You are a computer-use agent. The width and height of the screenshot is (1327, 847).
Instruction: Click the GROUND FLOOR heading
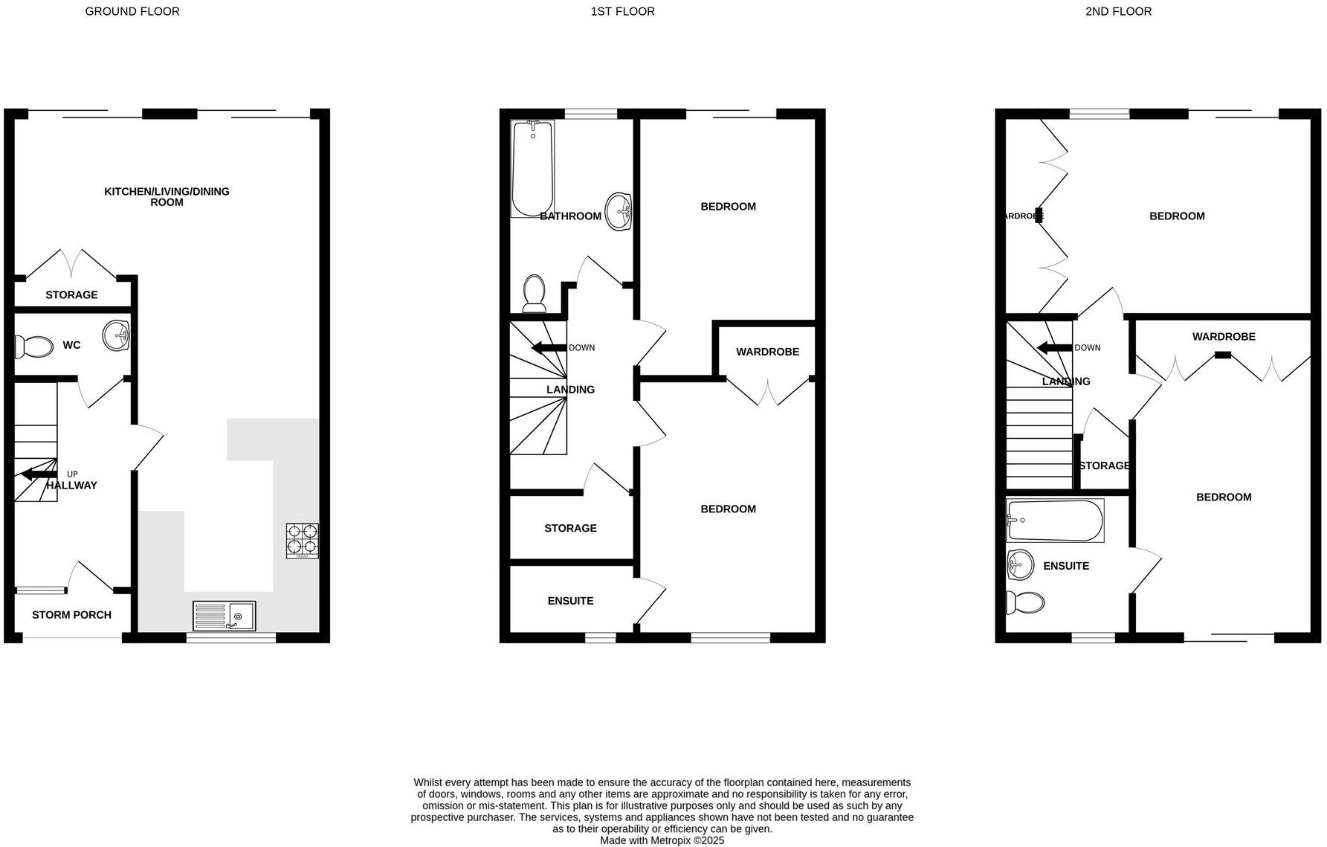(x=132, y=11)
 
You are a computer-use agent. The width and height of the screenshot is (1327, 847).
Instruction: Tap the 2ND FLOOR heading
(x=1118, y=11)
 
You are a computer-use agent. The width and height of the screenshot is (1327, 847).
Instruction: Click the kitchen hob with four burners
(x=303, y=541)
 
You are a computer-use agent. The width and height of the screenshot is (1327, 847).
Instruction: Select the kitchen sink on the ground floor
(x=224, y=616)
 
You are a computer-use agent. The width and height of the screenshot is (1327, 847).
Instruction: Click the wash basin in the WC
(x=116, y=335)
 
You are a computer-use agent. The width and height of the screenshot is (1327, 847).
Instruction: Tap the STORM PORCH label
(x=71, y=615)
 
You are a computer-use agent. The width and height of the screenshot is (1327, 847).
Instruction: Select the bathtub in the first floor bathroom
(x=533, y=168)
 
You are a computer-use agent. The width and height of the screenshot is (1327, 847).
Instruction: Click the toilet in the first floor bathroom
(x=534, y=293)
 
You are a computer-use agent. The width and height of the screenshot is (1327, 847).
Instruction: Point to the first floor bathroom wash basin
(x=619, y=211)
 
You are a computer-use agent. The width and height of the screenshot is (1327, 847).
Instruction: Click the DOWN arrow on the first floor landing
(x=548, y=348)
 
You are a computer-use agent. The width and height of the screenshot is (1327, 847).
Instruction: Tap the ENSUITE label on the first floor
(x=570, y=601)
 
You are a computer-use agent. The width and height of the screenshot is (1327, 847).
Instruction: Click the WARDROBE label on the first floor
(x=767, y=352)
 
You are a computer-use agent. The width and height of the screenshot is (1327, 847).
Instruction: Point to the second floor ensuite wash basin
(x=1020, y=564)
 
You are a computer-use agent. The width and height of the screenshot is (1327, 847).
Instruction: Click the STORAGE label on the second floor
(x=1104, y=466)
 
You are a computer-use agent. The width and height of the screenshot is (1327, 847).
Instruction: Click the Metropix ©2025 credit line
(x=662, y=840)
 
